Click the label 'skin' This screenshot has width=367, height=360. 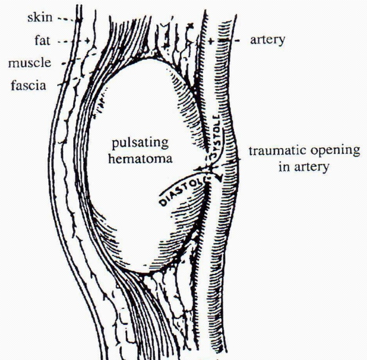(x=41, y=19)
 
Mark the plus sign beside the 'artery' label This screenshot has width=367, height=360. (x=212, y=40)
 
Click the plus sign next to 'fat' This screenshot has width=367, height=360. (x=87, y=40)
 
